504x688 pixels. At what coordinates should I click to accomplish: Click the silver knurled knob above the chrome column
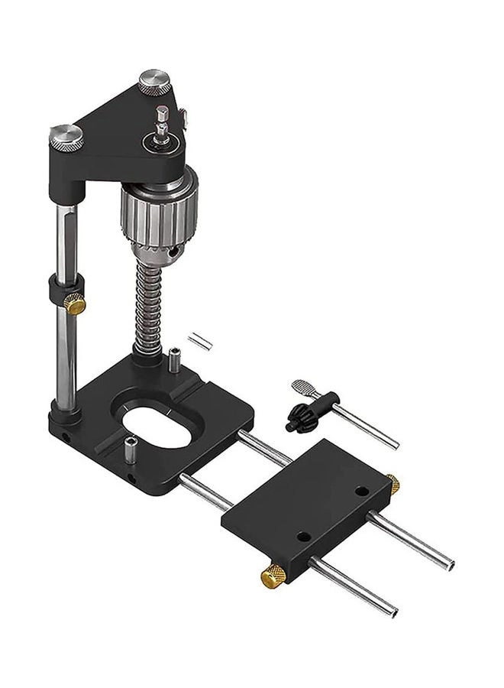66,136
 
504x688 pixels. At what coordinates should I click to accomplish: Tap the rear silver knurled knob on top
154,81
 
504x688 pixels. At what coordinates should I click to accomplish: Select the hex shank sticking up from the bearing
161,118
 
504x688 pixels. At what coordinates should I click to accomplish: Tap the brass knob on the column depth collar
75,304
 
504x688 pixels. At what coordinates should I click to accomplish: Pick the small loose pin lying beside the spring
200,340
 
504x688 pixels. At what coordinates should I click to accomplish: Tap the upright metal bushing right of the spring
175,360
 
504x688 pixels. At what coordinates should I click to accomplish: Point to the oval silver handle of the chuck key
302,388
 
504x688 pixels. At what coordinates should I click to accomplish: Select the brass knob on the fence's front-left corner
273,576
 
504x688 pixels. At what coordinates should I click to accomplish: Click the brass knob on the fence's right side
393,484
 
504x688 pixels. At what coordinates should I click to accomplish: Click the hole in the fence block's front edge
304,537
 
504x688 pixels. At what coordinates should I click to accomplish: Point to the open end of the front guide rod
392,611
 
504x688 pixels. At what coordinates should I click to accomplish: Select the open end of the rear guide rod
450,566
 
